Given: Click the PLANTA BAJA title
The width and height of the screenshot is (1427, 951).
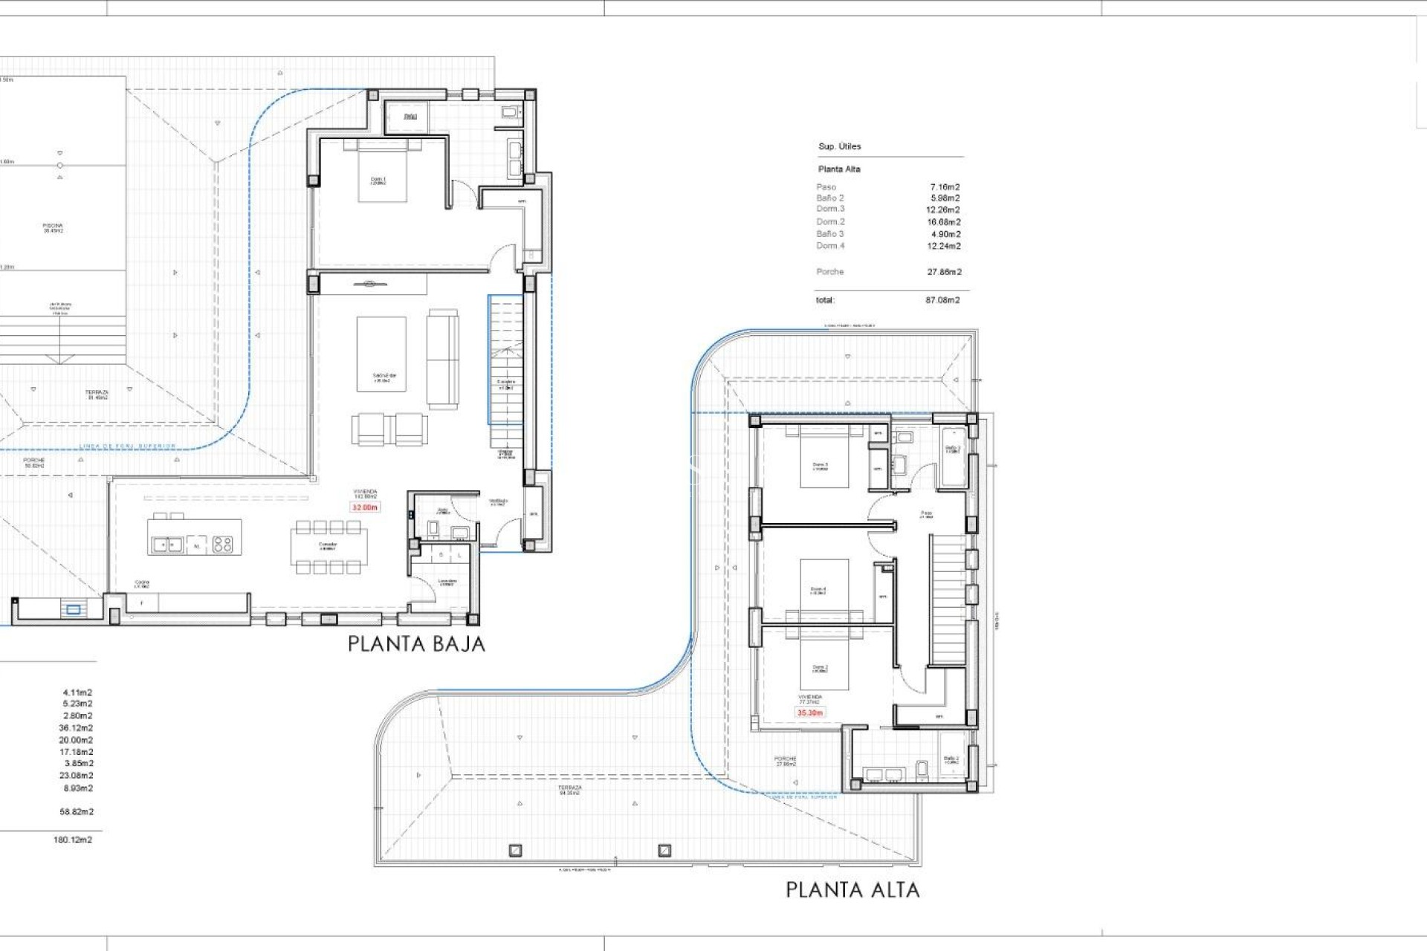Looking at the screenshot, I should pos(416,643).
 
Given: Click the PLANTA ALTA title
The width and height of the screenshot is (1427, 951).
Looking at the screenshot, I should pos(852,889).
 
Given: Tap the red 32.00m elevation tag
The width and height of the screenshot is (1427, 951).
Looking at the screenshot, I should pos(365,507).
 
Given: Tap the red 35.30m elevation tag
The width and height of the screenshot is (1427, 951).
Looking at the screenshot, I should pos(810,713).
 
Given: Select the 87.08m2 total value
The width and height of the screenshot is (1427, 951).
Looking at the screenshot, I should pos(942,300).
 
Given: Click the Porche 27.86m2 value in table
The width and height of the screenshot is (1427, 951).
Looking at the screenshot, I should pos(944,272).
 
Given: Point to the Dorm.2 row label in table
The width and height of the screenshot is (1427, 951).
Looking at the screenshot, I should pos(830,221).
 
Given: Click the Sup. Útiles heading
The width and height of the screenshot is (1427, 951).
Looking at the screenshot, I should pos(839,146).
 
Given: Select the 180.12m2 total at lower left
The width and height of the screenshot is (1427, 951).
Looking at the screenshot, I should pos(73,840).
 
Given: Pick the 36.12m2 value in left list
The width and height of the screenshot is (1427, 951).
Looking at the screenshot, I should pos(76,728).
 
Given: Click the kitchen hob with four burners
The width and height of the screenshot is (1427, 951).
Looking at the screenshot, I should pos(223,545).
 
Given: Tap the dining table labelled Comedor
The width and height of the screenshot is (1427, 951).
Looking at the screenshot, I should pos(328,547).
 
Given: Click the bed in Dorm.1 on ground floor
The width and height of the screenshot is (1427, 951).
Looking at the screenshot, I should pos(383,172).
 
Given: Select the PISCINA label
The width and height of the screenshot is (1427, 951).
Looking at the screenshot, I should pos(53,227).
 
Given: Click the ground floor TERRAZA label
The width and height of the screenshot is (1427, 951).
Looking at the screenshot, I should pos(97,395).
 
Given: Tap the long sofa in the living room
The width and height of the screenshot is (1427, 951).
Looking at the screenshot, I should pos(442,359).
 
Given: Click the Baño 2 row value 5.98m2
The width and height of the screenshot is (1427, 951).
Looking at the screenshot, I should pos(945,198).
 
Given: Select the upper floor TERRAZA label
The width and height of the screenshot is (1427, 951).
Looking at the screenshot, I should pos(570,790).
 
